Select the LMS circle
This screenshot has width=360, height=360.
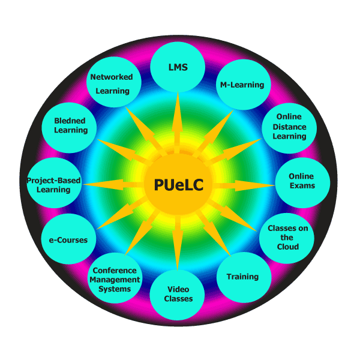(x=178, y=68)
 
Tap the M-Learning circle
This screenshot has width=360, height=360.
(x=240, y=85)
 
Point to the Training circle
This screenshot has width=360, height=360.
(x=242, y=277)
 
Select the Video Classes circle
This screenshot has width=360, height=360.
(x=178, y=294)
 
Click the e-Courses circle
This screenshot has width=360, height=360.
(x=68, y=240)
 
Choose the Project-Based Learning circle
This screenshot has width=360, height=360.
(x=54, y=185)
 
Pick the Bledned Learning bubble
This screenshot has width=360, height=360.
(x=71, y=125)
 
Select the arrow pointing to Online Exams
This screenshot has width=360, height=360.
(x=240, y=185)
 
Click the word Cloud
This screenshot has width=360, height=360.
(x=287, y=247)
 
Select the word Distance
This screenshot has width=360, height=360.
(x=290, y=127)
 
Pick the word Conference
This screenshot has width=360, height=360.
(x=115, y=271)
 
